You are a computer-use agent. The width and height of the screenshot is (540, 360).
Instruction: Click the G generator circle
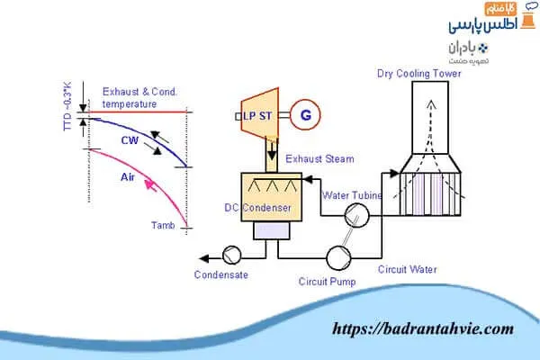point(305,115)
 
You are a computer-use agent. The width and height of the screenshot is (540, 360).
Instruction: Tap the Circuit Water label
point(408,267)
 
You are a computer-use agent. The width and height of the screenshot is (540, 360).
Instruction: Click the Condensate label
point(220,274)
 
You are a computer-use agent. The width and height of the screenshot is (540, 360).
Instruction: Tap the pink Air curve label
point(128,177)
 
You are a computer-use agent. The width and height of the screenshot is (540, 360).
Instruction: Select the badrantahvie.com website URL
point(422,328)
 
